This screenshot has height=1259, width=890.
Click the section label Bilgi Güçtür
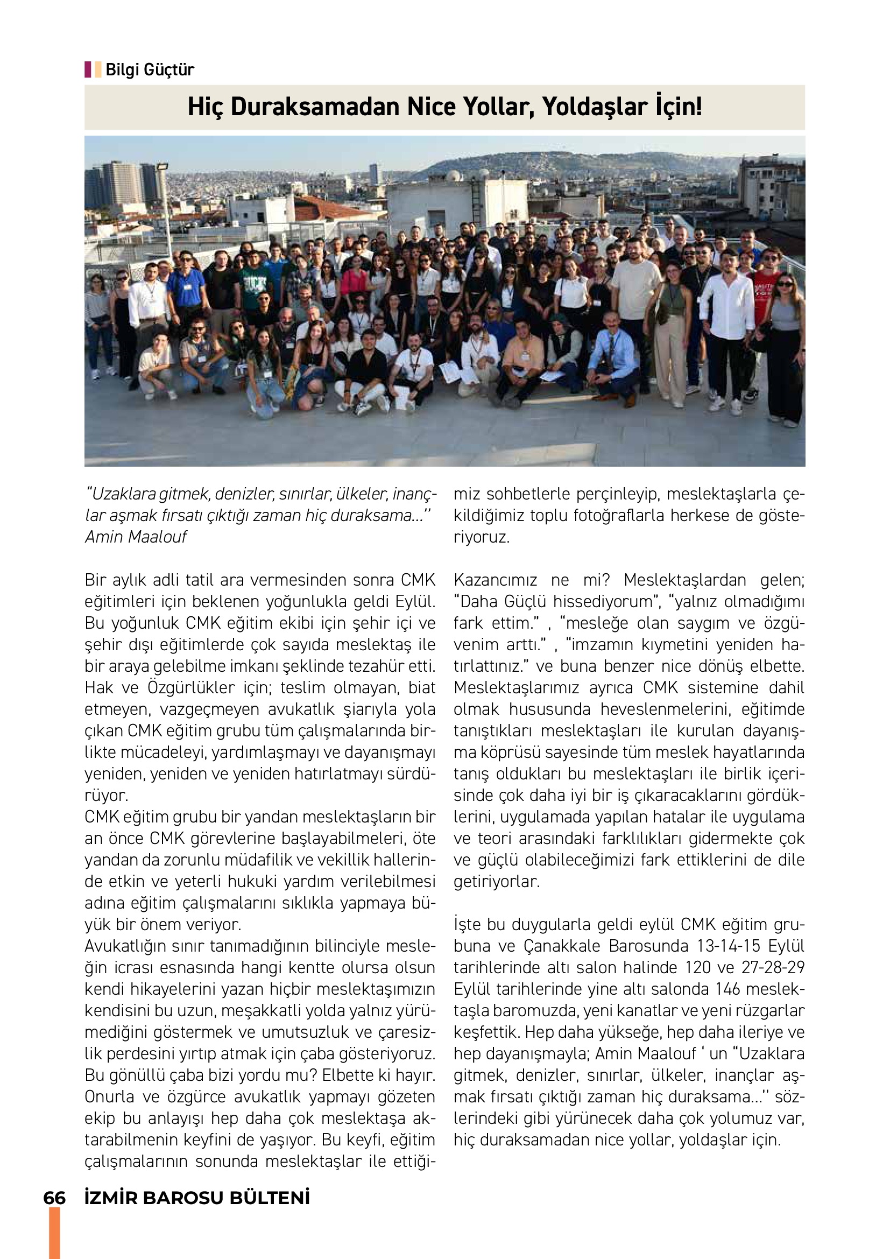pos(149,69)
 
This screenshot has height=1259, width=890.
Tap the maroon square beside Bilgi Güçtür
pos(88,69)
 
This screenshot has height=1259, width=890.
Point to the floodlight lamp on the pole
pos(162,166)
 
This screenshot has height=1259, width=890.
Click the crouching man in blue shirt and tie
pos(612,354)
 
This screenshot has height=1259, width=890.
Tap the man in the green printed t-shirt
pos(254,286)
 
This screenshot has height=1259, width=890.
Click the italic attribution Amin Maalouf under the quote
pos(136,537)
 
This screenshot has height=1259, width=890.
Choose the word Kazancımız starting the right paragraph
pos(496,580)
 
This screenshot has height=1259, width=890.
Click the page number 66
pos(54,1198)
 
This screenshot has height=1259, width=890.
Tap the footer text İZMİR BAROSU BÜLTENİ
pos(197,1198)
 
